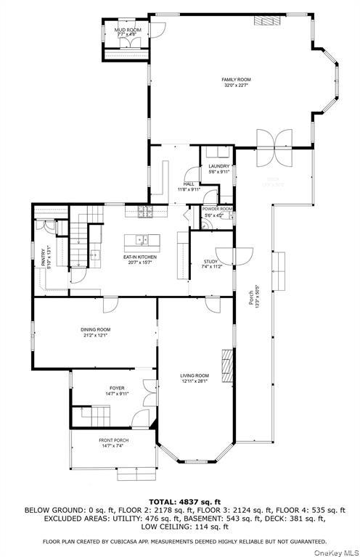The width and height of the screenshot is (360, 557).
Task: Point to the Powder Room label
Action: coord(218,209)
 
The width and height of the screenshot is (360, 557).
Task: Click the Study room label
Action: coord(210,261)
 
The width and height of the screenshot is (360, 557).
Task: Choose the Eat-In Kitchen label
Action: coord(141,257)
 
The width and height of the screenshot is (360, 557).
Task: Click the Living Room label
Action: coord(195,375)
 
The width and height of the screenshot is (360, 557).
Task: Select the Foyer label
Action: coord(117,388)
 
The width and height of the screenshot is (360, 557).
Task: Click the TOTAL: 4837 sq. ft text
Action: coord(179,501)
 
